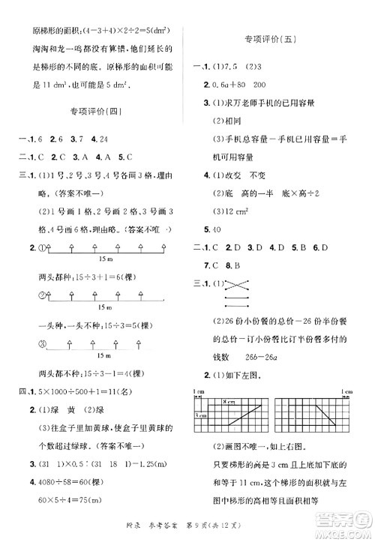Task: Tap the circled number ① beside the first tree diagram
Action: pyautogui.click(x=43, y=247)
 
